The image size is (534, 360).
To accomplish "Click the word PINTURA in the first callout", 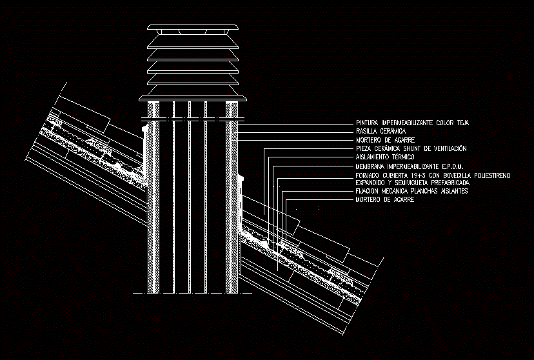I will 368,123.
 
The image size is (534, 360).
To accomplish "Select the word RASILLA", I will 368,131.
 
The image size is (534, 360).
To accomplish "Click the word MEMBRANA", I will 370,166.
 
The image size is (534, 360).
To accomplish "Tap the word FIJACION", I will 368,192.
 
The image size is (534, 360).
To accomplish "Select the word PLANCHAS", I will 423,192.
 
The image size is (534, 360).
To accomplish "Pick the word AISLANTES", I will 454,192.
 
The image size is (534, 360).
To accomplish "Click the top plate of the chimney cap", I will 192,27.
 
